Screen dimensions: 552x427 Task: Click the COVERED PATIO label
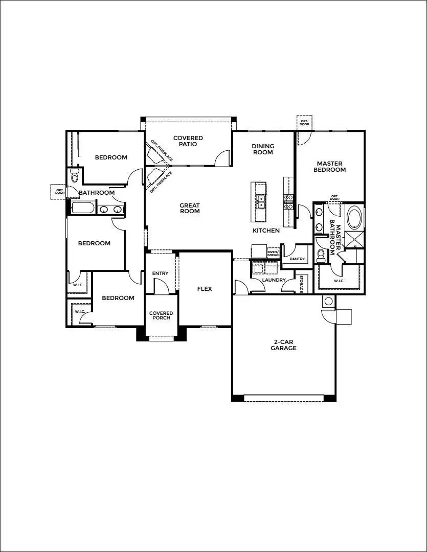188,141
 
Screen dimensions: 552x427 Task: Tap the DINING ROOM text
262,149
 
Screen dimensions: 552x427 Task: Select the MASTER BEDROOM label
329,167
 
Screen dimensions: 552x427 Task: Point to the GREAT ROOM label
189,209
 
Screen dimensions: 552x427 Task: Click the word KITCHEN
266,231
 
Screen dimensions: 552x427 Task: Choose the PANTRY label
297,259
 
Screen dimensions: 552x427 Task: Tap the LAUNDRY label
274,280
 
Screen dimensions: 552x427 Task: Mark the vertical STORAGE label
301,284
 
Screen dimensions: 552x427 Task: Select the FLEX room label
205,289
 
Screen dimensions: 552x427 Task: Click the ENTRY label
160,273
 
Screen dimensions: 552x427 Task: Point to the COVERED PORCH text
161,315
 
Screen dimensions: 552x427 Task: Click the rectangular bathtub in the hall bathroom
83,209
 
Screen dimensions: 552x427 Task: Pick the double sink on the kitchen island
261,201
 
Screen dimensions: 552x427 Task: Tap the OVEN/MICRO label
273,254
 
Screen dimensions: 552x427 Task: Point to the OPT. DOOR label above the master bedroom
304,122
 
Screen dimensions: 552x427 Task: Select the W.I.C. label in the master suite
339,281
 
